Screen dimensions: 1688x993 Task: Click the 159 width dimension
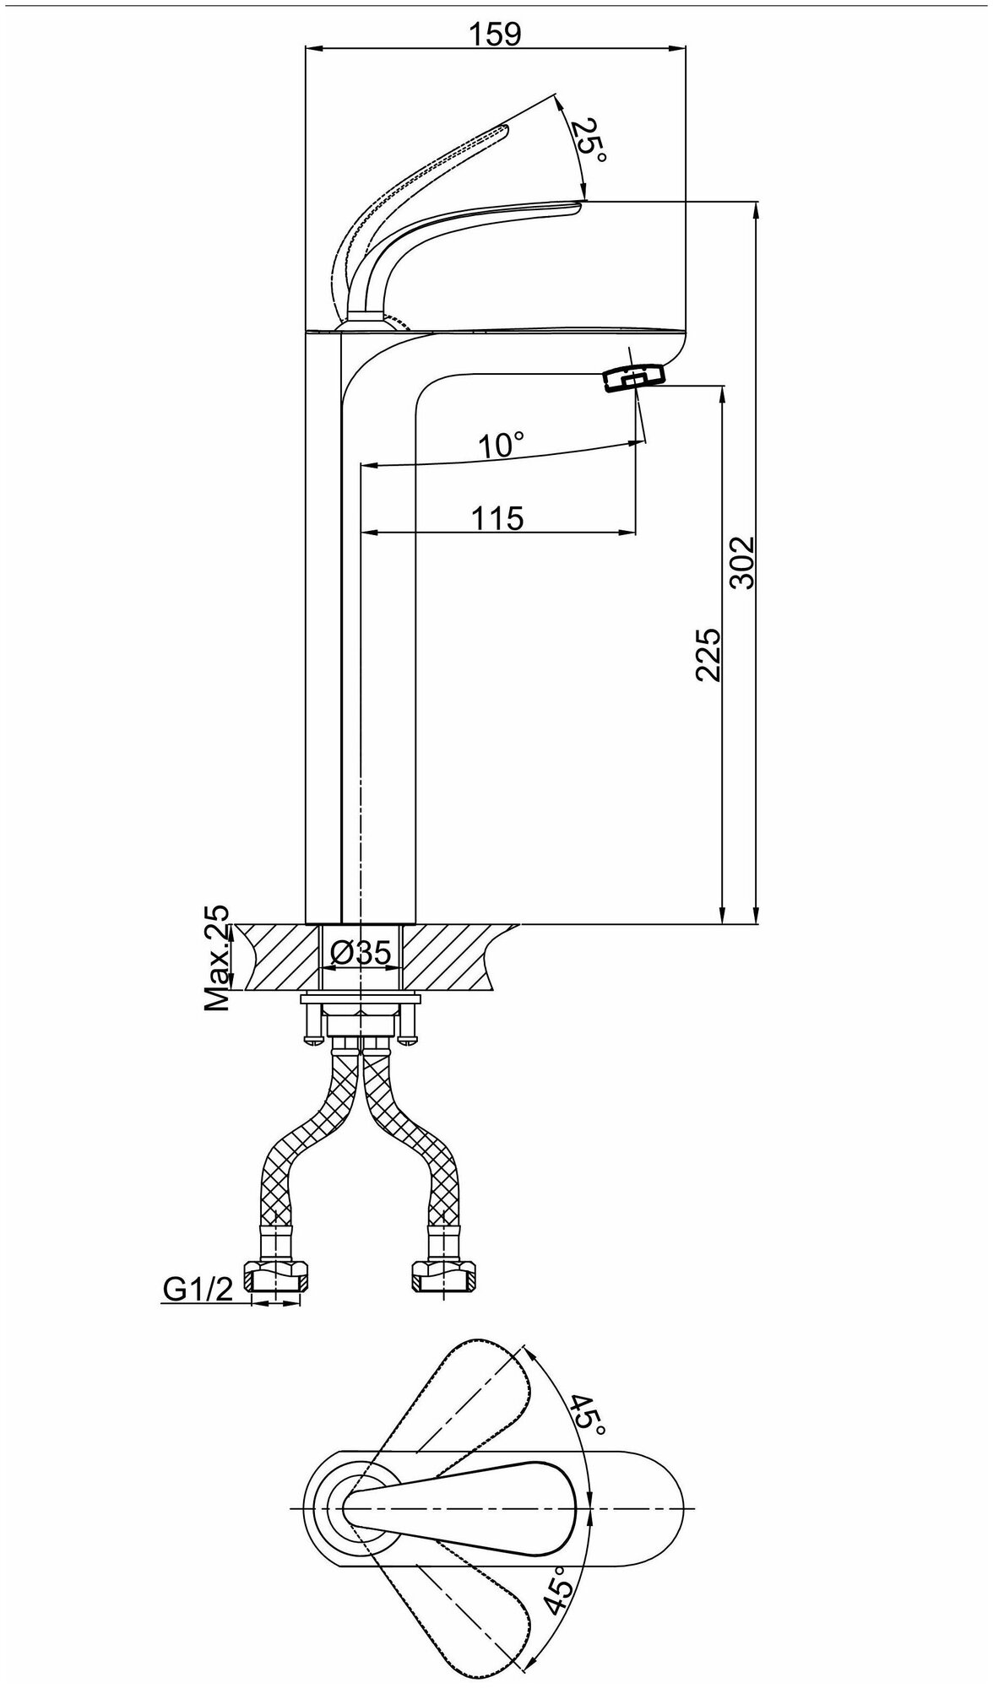point(496,35)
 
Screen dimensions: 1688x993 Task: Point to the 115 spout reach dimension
point(499,517)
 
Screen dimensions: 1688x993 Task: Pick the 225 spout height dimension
point(708,654)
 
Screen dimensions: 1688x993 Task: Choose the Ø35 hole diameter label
point(361,954)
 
